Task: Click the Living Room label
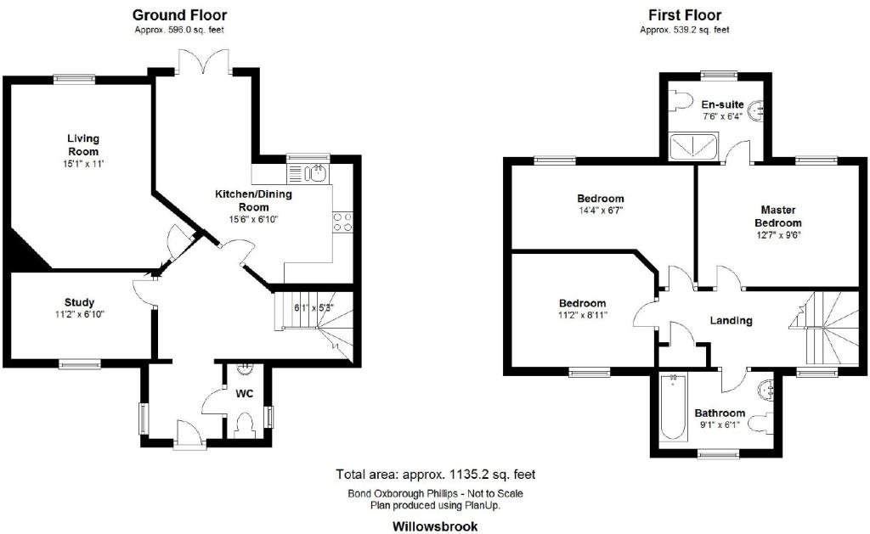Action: (x=83, y=144)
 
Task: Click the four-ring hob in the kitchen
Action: (x=342, y=222)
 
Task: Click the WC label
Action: (x=244, y=394)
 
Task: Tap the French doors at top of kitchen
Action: (x=206, y=61)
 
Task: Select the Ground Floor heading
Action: (x=179, y=15)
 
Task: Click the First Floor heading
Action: (x=685, y=15)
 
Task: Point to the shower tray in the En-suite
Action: (x=693, y=146)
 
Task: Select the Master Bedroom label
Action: (x=778, y=216)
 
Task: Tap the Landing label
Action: (x=731, y=321)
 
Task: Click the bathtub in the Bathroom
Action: (x=673, y=408)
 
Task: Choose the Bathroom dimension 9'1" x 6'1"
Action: (x=720, y=425)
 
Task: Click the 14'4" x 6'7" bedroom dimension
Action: (x=601, y=211)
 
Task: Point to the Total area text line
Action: (x=436, y=475)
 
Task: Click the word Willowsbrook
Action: (x=435, y=526)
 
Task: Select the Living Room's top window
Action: (x=75, y=79)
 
